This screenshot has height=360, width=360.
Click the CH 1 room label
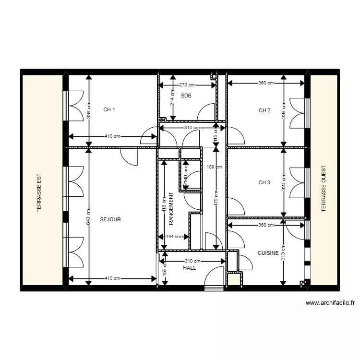(x=109, y=110)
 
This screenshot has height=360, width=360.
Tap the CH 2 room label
(x=264, y=110)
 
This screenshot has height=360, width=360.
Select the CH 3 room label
(x=264, y=182)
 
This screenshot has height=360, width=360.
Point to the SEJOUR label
(x=110, y=219)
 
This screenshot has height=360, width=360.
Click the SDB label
(x=186, y=96)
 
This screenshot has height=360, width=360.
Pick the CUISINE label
(x=268, y=253)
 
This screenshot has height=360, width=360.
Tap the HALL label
(x=190, y=268)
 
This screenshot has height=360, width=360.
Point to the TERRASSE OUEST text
(x=324, y=189)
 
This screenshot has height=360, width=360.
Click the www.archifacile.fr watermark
(x=330, y=303)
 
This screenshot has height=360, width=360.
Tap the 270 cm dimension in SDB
(x=188, y=85)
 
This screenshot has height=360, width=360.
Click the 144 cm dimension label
(x=174, y=236)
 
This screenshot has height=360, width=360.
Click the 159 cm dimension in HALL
(x=164, y=271)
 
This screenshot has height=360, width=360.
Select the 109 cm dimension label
(x=214, y=167)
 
